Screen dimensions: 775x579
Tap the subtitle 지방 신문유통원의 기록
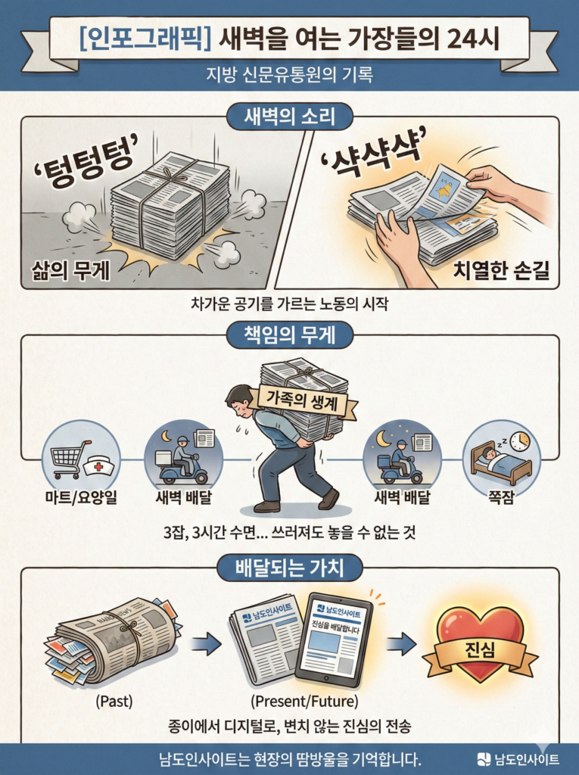289,76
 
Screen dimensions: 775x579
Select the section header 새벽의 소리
289,117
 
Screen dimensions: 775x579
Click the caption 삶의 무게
70,269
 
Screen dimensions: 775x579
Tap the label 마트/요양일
80,497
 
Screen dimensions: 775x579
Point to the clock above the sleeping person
518,441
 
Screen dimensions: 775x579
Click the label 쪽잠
500,497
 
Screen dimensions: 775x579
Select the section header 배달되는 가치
289,568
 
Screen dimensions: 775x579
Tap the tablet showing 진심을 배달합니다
333,637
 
